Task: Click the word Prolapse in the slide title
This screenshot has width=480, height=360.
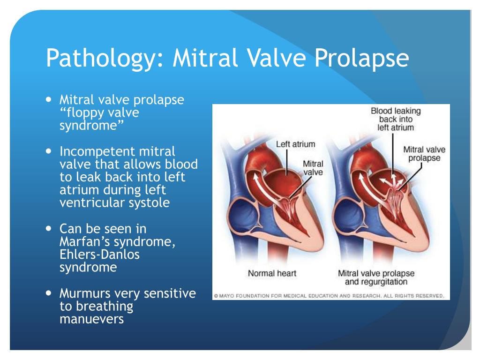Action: pos(361,58)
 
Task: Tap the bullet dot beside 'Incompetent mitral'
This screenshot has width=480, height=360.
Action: pos(49,151)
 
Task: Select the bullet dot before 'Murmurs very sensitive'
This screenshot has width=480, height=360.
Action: pos(49,293)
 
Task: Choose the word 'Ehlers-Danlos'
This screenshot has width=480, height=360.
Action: pos(99,255)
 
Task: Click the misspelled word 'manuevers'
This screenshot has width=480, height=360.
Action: pos(91,319)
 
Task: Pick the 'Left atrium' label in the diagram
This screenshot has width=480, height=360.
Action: pos(295,144)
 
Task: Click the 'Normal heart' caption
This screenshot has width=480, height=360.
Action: pos(272,273)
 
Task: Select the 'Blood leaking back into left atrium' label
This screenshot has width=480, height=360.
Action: pos(396,119)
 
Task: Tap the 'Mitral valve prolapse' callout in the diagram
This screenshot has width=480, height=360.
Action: pos(424,154)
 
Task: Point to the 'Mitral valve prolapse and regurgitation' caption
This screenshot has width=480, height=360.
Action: pos(376,277)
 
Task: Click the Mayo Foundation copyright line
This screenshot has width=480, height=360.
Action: pos(329,296)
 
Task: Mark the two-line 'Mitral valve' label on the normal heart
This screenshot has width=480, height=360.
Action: pos(313,168)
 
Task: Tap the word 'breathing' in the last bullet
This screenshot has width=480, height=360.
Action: pos(105,307)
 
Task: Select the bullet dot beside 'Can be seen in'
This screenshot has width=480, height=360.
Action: pos(49,229)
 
